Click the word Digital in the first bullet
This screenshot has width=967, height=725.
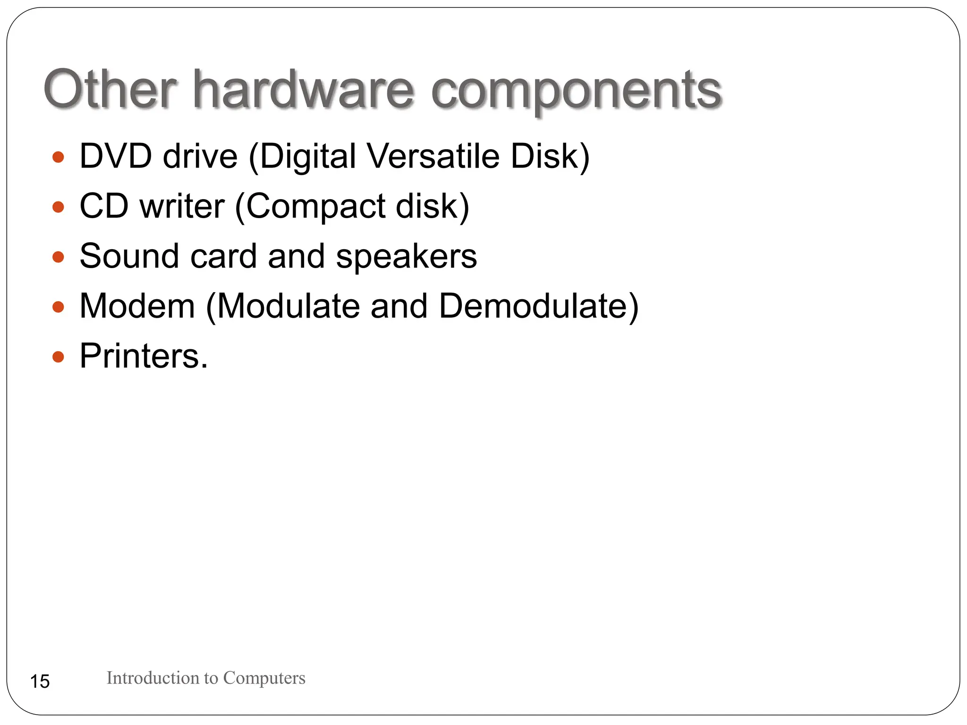[x=307, y=157]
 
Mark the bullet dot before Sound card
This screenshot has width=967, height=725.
[x=58, y=257]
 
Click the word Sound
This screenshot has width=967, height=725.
[x=129, y=256]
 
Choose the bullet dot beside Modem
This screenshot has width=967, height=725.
[x=58, y=307]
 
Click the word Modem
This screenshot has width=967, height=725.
[x=137, y=306]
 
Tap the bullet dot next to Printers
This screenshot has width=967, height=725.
[x=58, y=357]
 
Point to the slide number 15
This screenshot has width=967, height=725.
[x=40, y=682]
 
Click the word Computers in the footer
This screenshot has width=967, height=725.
[x=264, y=678]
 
